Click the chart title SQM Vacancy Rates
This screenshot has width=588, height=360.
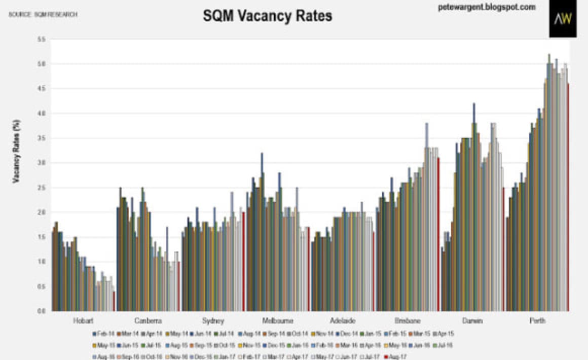(267, 16)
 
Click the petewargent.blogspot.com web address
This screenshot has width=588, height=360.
(487, 7)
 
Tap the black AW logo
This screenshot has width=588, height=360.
(563, 19)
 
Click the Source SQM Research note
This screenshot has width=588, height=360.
(43, 14)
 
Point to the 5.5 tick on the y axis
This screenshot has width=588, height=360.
(42, 39)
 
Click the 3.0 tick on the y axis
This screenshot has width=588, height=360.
(42, 163)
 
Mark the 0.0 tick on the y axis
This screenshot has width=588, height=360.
(42, 311)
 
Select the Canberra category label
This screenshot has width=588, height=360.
(149, 321)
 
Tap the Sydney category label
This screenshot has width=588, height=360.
(213, 321)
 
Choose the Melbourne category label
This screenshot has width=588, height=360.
(277, 321)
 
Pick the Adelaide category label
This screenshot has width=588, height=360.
(342, 321)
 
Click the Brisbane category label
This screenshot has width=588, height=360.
(407, 321)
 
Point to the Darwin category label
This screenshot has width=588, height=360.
(472, 321)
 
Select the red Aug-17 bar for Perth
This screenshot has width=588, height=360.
(568, 198)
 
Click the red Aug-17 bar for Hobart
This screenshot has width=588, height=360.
(114, 301)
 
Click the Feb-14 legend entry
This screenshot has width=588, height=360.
(103, 333)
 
